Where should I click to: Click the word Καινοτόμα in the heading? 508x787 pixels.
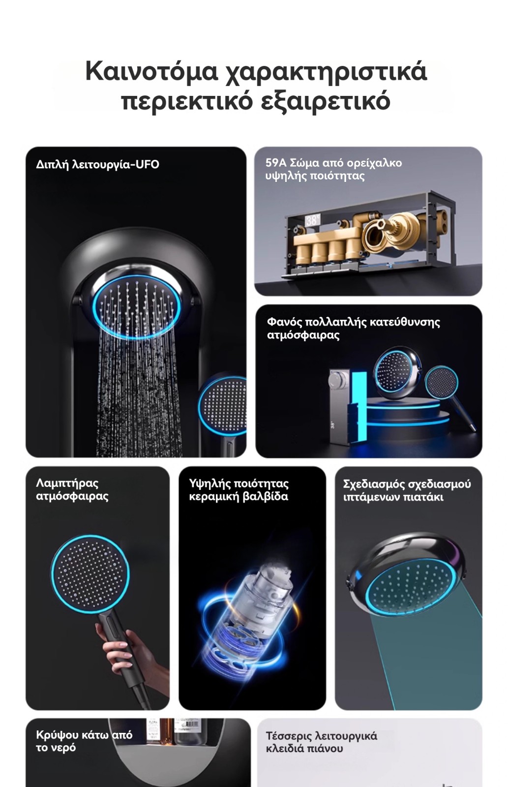point(151,71)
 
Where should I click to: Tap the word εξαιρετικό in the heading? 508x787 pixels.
point(326,101)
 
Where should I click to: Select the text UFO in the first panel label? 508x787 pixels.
point(147,164)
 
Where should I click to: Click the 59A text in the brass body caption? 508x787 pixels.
point(276,163)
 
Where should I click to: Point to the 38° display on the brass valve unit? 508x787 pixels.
point(312,220)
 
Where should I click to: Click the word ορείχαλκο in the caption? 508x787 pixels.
point(374,163)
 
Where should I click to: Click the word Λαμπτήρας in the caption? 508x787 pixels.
point(67,484)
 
